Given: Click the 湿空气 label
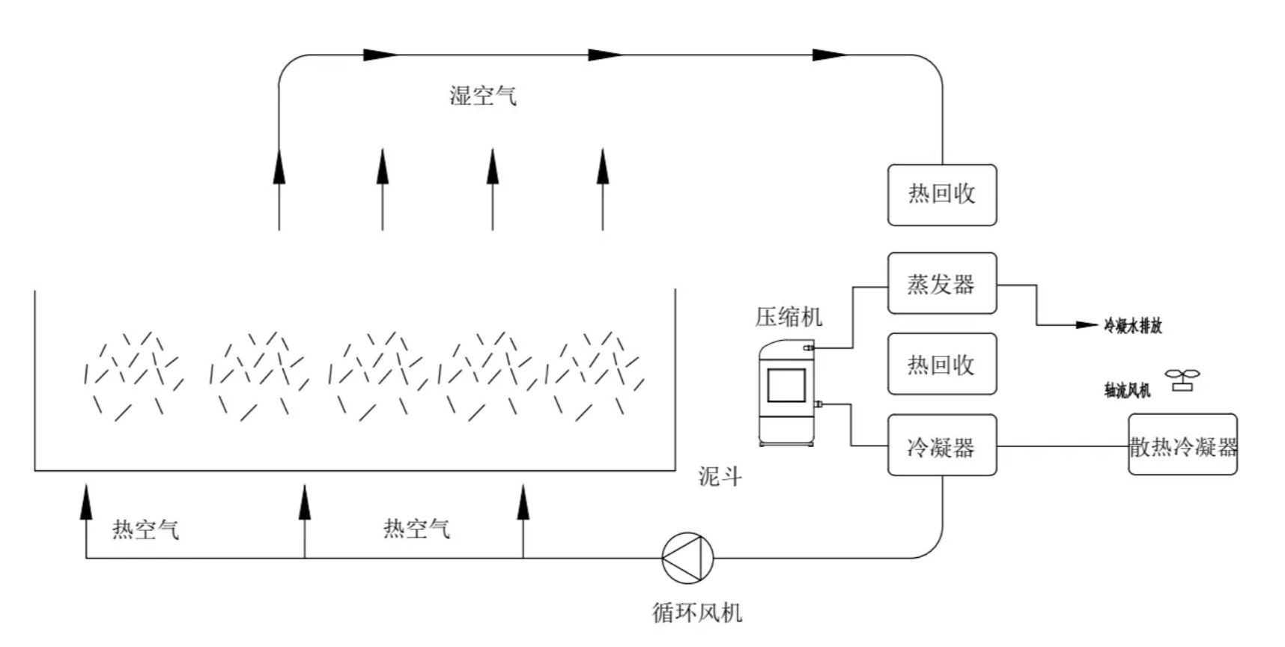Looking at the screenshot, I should coord(483,96).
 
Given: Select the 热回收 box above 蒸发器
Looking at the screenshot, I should coord(941,195).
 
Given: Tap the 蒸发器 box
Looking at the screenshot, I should coord(941,283).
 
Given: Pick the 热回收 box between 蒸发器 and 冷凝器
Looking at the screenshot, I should coord(941,364).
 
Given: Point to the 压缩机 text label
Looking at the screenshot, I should coord(789,317).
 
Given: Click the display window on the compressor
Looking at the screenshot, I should coord(786,385).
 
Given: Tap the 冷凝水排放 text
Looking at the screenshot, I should coord(1132,326).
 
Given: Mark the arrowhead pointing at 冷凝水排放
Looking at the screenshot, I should coord(1087,325).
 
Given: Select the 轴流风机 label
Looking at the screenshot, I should coord(1127,390).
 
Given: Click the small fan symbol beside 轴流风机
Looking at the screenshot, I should coord(1182,380).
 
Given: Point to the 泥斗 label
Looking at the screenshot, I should coord(720,476).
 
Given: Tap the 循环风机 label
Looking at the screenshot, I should coord(697,613).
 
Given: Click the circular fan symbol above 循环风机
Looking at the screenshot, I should coord(687,558).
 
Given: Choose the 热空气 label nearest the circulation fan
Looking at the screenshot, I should coord(416,529).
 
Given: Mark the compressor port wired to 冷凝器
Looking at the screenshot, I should coord(818,404).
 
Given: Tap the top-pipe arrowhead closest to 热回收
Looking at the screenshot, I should coord(830,55).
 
